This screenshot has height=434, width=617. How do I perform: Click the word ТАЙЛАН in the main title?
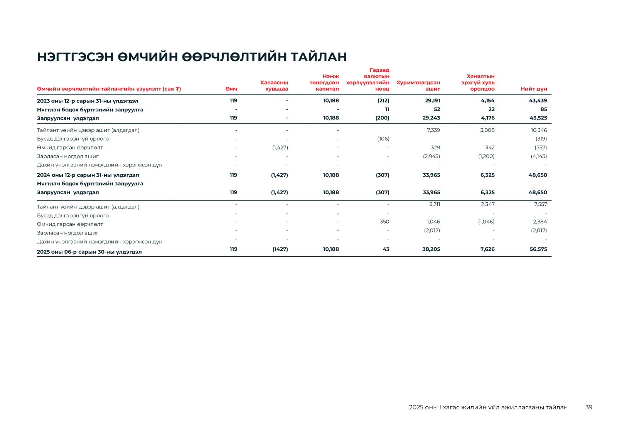coord(319,57)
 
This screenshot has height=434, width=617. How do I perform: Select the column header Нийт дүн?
coord(534,89)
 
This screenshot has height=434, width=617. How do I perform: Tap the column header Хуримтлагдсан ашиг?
coord(418,86)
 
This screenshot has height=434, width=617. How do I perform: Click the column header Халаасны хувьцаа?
coord(274,86)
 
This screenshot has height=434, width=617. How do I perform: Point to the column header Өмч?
coord(231,89)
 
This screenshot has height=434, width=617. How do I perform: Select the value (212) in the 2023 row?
coord(383,101)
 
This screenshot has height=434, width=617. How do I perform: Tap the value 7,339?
coord(433,130)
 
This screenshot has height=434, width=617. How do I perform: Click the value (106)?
coord(383,139)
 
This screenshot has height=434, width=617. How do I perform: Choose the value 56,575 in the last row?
coord(538,249)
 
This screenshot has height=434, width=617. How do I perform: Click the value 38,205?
coord(431,249)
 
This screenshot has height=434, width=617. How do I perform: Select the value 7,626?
coord(487,249)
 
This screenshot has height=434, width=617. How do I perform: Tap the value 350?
coord(384,222)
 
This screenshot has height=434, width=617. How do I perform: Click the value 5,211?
coord(434,204)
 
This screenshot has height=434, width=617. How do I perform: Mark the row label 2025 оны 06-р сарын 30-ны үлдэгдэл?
coord(89,252)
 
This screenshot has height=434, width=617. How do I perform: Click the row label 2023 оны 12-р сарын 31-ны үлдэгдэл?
coord(88,101)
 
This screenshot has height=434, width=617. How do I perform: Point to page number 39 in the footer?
coord(588,407)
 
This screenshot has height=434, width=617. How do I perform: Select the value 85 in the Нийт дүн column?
coord(543,109)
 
